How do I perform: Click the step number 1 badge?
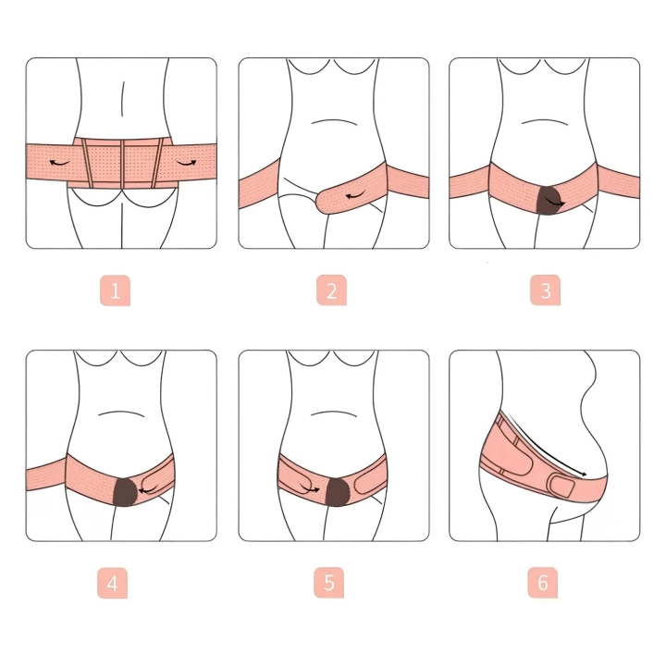(x=115, y=291)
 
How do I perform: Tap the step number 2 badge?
(x=332, y=290)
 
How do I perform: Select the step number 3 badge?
(x=546, y=290)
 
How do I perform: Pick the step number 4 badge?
(x=113, y=583)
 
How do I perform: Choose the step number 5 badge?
(x=329, y=583)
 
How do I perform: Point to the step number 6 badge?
(x=543, y=583)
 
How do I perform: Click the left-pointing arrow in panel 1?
(x=59, y=163)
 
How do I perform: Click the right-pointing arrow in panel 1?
(x=187, y=163)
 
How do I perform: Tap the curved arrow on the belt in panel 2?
(x=355, y=196)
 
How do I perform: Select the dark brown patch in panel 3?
(x=549, y=201)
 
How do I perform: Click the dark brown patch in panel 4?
(x=125, y=491)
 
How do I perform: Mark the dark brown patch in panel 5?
(x=338, y=492)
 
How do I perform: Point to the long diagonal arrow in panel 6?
(x=549, y=448)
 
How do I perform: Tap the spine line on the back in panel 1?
(x=123, y=99)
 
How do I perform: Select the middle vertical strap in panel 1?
(x=122, y=163)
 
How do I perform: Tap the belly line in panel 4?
(x=121, y=413)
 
